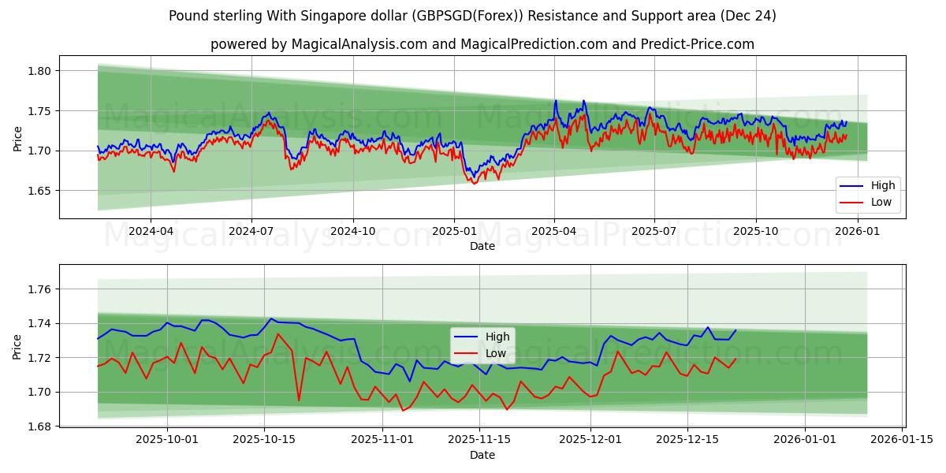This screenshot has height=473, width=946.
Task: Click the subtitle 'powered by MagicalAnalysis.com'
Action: [x=482, y=44]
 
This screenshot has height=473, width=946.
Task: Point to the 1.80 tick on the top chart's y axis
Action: [x=39, y=71]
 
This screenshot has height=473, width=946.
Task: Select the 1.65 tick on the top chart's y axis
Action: [x=39, y=191]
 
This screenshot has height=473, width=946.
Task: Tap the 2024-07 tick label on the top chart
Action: [x=251, y=232]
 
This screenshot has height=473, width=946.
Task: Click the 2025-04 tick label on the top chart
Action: [x=554, y=232]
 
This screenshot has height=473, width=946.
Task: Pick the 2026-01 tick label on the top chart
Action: [x=857, y=232]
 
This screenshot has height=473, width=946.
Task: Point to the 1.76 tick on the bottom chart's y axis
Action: [x=39, y=290]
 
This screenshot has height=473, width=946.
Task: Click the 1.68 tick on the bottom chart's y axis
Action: [x=39, y=426]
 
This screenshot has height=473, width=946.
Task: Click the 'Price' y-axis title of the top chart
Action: [x=18, y=138]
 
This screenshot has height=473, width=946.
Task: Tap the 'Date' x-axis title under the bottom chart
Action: [x=482, y=455]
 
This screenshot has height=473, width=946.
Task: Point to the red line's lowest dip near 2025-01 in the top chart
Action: [x=474, y=184]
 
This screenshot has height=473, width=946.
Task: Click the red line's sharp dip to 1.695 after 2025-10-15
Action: [x=299, y=400]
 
